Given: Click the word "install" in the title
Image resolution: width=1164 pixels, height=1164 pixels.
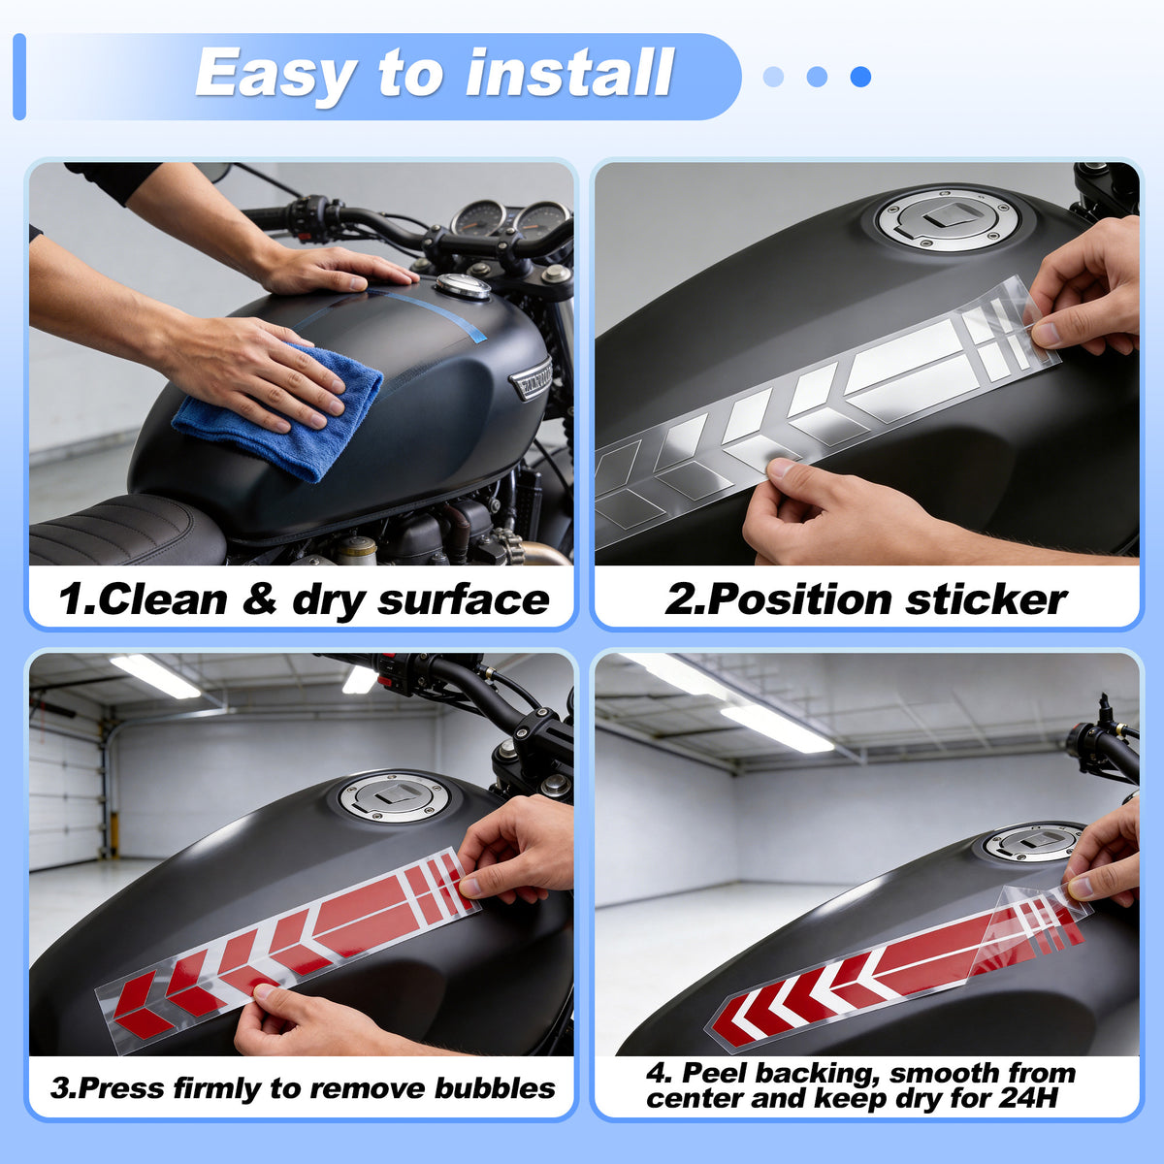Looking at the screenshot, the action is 569,73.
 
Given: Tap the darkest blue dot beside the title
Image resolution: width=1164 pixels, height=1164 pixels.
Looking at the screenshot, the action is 860,77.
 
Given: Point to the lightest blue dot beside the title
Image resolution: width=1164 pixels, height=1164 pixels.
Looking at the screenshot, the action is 773,77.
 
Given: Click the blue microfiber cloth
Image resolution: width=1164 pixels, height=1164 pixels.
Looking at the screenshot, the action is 279,413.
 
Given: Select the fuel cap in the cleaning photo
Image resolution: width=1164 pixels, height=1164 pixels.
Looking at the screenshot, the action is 463,286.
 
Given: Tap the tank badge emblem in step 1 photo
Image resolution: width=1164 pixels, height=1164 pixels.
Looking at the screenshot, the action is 531,378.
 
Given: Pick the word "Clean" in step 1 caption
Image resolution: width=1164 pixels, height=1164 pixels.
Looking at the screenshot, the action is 163,599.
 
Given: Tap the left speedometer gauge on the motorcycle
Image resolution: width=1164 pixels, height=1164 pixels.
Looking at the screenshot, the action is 478,219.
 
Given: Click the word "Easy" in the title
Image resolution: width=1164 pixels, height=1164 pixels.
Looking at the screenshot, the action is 275,74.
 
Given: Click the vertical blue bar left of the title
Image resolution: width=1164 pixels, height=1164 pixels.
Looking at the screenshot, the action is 19,77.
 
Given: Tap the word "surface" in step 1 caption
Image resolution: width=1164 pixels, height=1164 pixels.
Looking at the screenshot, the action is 464,599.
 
